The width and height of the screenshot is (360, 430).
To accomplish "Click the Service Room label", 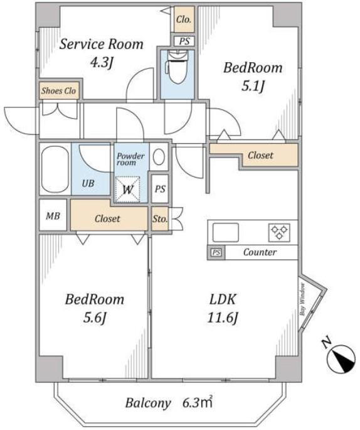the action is pos(102,44).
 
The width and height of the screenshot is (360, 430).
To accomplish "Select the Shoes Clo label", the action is pos(58,91).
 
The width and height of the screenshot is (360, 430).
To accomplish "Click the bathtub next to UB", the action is pos(55,169).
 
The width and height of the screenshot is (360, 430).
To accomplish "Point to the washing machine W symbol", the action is pos(128,190).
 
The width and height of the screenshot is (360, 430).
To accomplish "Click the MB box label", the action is pos(53,216).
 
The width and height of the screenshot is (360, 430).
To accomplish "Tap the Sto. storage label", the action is pos(160,219).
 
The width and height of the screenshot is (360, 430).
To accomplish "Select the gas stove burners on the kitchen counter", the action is pos(279,232).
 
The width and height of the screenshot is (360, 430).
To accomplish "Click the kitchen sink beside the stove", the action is pos(226,232).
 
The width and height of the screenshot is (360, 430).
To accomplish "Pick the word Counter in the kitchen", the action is pos(260,252).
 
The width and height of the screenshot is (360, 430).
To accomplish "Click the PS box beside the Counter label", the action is pos(216,252).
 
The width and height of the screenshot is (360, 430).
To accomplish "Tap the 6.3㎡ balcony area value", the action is pos(198,402).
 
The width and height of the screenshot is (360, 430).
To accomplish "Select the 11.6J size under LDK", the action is pos(222,318).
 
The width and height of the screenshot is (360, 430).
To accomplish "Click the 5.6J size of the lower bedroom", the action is pos(95,318).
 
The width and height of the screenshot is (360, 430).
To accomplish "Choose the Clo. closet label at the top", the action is pos(184,19).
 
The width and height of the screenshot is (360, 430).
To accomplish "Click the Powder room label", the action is pos(130,159).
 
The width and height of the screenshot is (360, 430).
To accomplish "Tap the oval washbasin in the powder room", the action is pos(159,157).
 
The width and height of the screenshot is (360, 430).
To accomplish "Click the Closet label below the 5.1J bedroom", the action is pos(260,156).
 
